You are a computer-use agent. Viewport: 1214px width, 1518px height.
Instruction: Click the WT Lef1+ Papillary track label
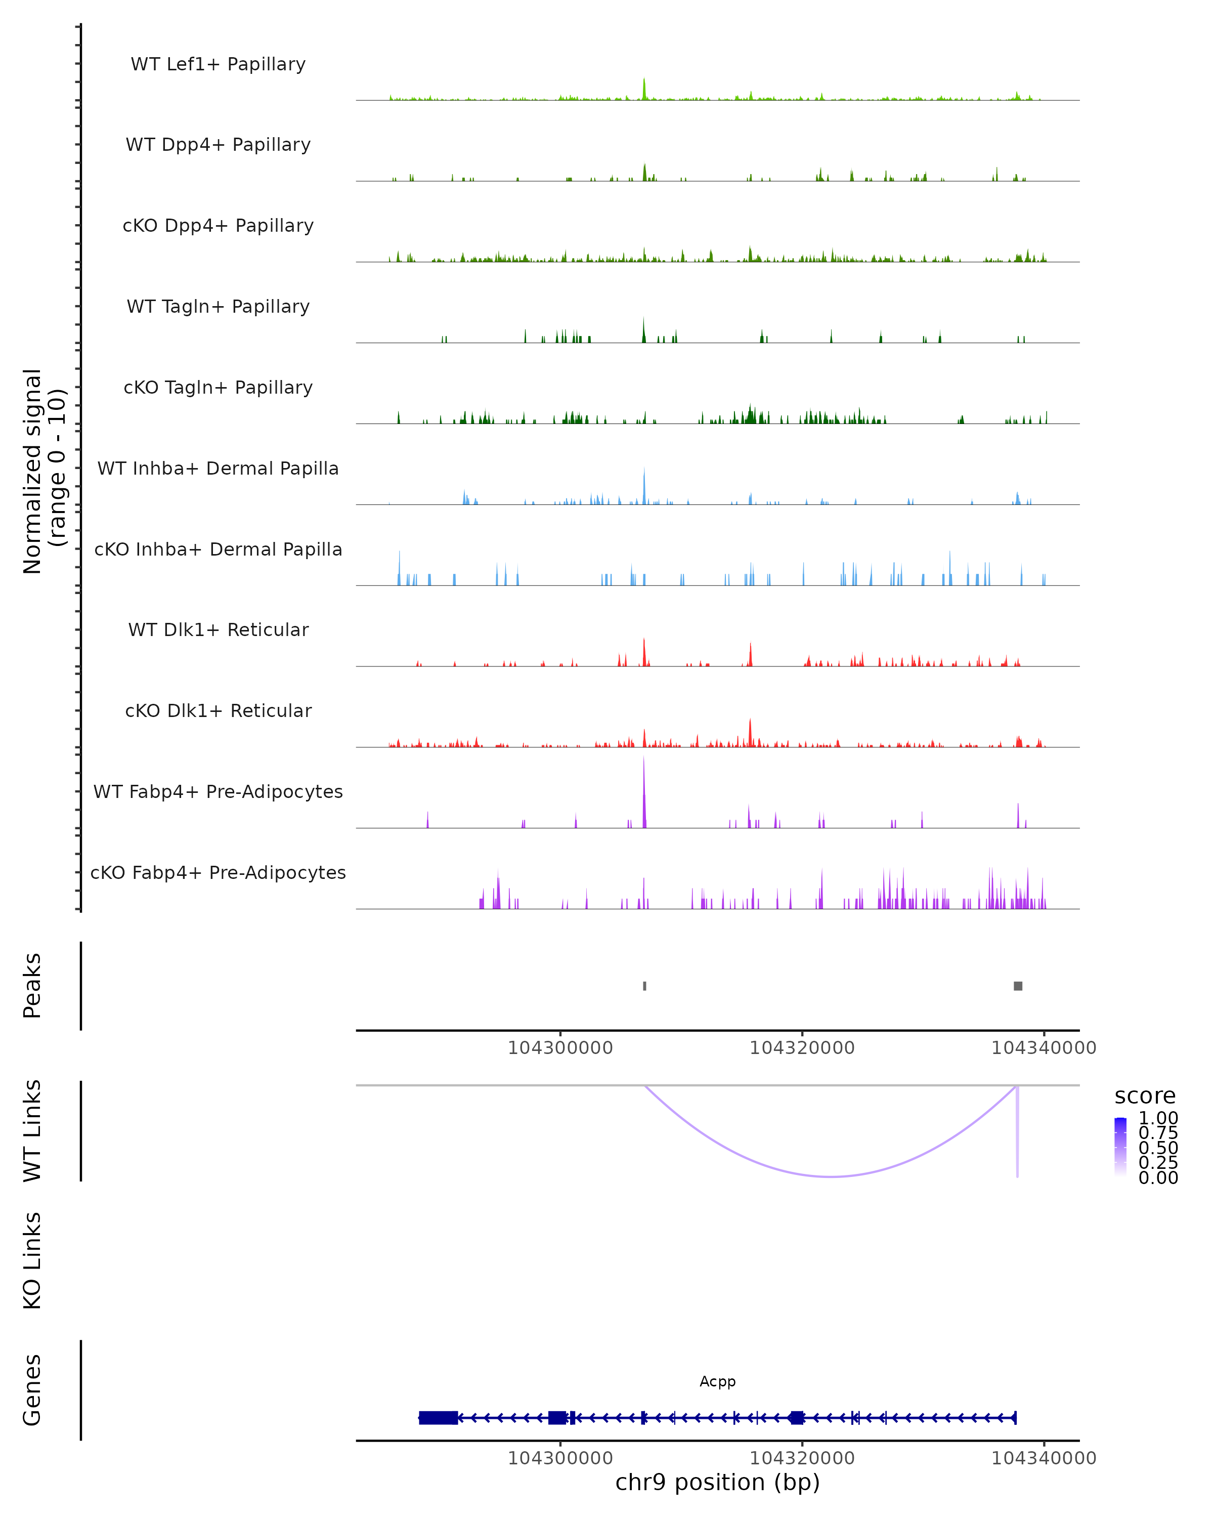coord(218,64)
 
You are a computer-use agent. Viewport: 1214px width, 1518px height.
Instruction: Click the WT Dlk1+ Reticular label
coord(218,629)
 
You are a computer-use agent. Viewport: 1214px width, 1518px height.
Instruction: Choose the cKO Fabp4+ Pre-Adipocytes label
coord(218,872)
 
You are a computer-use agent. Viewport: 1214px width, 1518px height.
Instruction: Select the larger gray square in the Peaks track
coord(1018,986)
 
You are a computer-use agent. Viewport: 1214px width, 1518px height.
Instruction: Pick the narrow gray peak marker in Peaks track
coord(644,986)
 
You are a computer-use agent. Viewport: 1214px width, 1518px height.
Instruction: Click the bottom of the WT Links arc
coord(831,1176)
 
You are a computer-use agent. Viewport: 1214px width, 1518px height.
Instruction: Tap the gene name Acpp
coord(717,1381)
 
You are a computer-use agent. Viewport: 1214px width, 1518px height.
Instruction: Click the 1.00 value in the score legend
coord(1158,1118)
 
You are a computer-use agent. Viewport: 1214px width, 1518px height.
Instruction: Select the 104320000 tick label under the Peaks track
coord(802,1048)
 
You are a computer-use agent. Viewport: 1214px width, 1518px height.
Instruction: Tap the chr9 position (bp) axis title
coord(717,1482)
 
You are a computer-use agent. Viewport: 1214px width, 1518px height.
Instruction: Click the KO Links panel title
coord(32,1260)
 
